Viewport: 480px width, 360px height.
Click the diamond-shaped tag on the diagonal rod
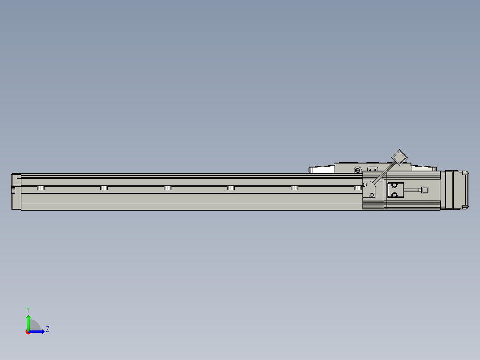click(399, 158)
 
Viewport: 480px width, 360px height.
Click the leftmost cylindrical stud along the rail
click(41, 188)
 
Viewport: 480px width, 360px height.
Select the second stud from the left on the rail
click(104, 188)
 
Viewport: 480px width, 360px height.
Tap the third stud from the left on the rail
click(167, 188)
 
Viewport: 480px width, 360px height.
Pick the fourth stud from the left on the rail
click(231, 188)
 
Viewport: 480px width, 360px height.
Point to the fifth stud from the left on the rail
click(294, 188)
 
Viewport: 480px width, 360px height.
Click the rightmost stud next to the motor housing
click(358, 188)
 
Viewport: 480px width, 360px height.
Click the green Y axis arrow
click(28, 321)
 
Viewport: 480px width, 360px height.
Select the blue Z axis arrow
click(38, 331)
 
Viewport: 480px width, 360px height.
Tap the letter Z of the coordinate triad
click(47, 329)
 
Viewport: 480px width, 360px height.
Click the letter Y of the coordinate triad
click(28, 309)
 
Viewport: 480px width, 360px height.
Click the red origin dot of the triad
click(28, 332)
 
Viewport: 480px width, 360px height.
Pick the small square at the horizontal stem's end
click(424, 190)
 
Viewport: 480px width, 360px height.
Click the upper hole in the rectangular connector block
click(394, 185)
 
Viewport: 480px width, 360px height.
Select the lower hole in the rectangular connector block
click(394, 194)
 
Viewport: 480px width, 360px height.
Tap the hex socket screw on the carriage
click(358, 170)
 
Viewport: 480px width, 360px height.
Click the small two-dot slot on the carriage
click(373, 169)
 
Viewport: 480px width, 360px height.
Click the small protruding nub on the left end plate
click(13, 191)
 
